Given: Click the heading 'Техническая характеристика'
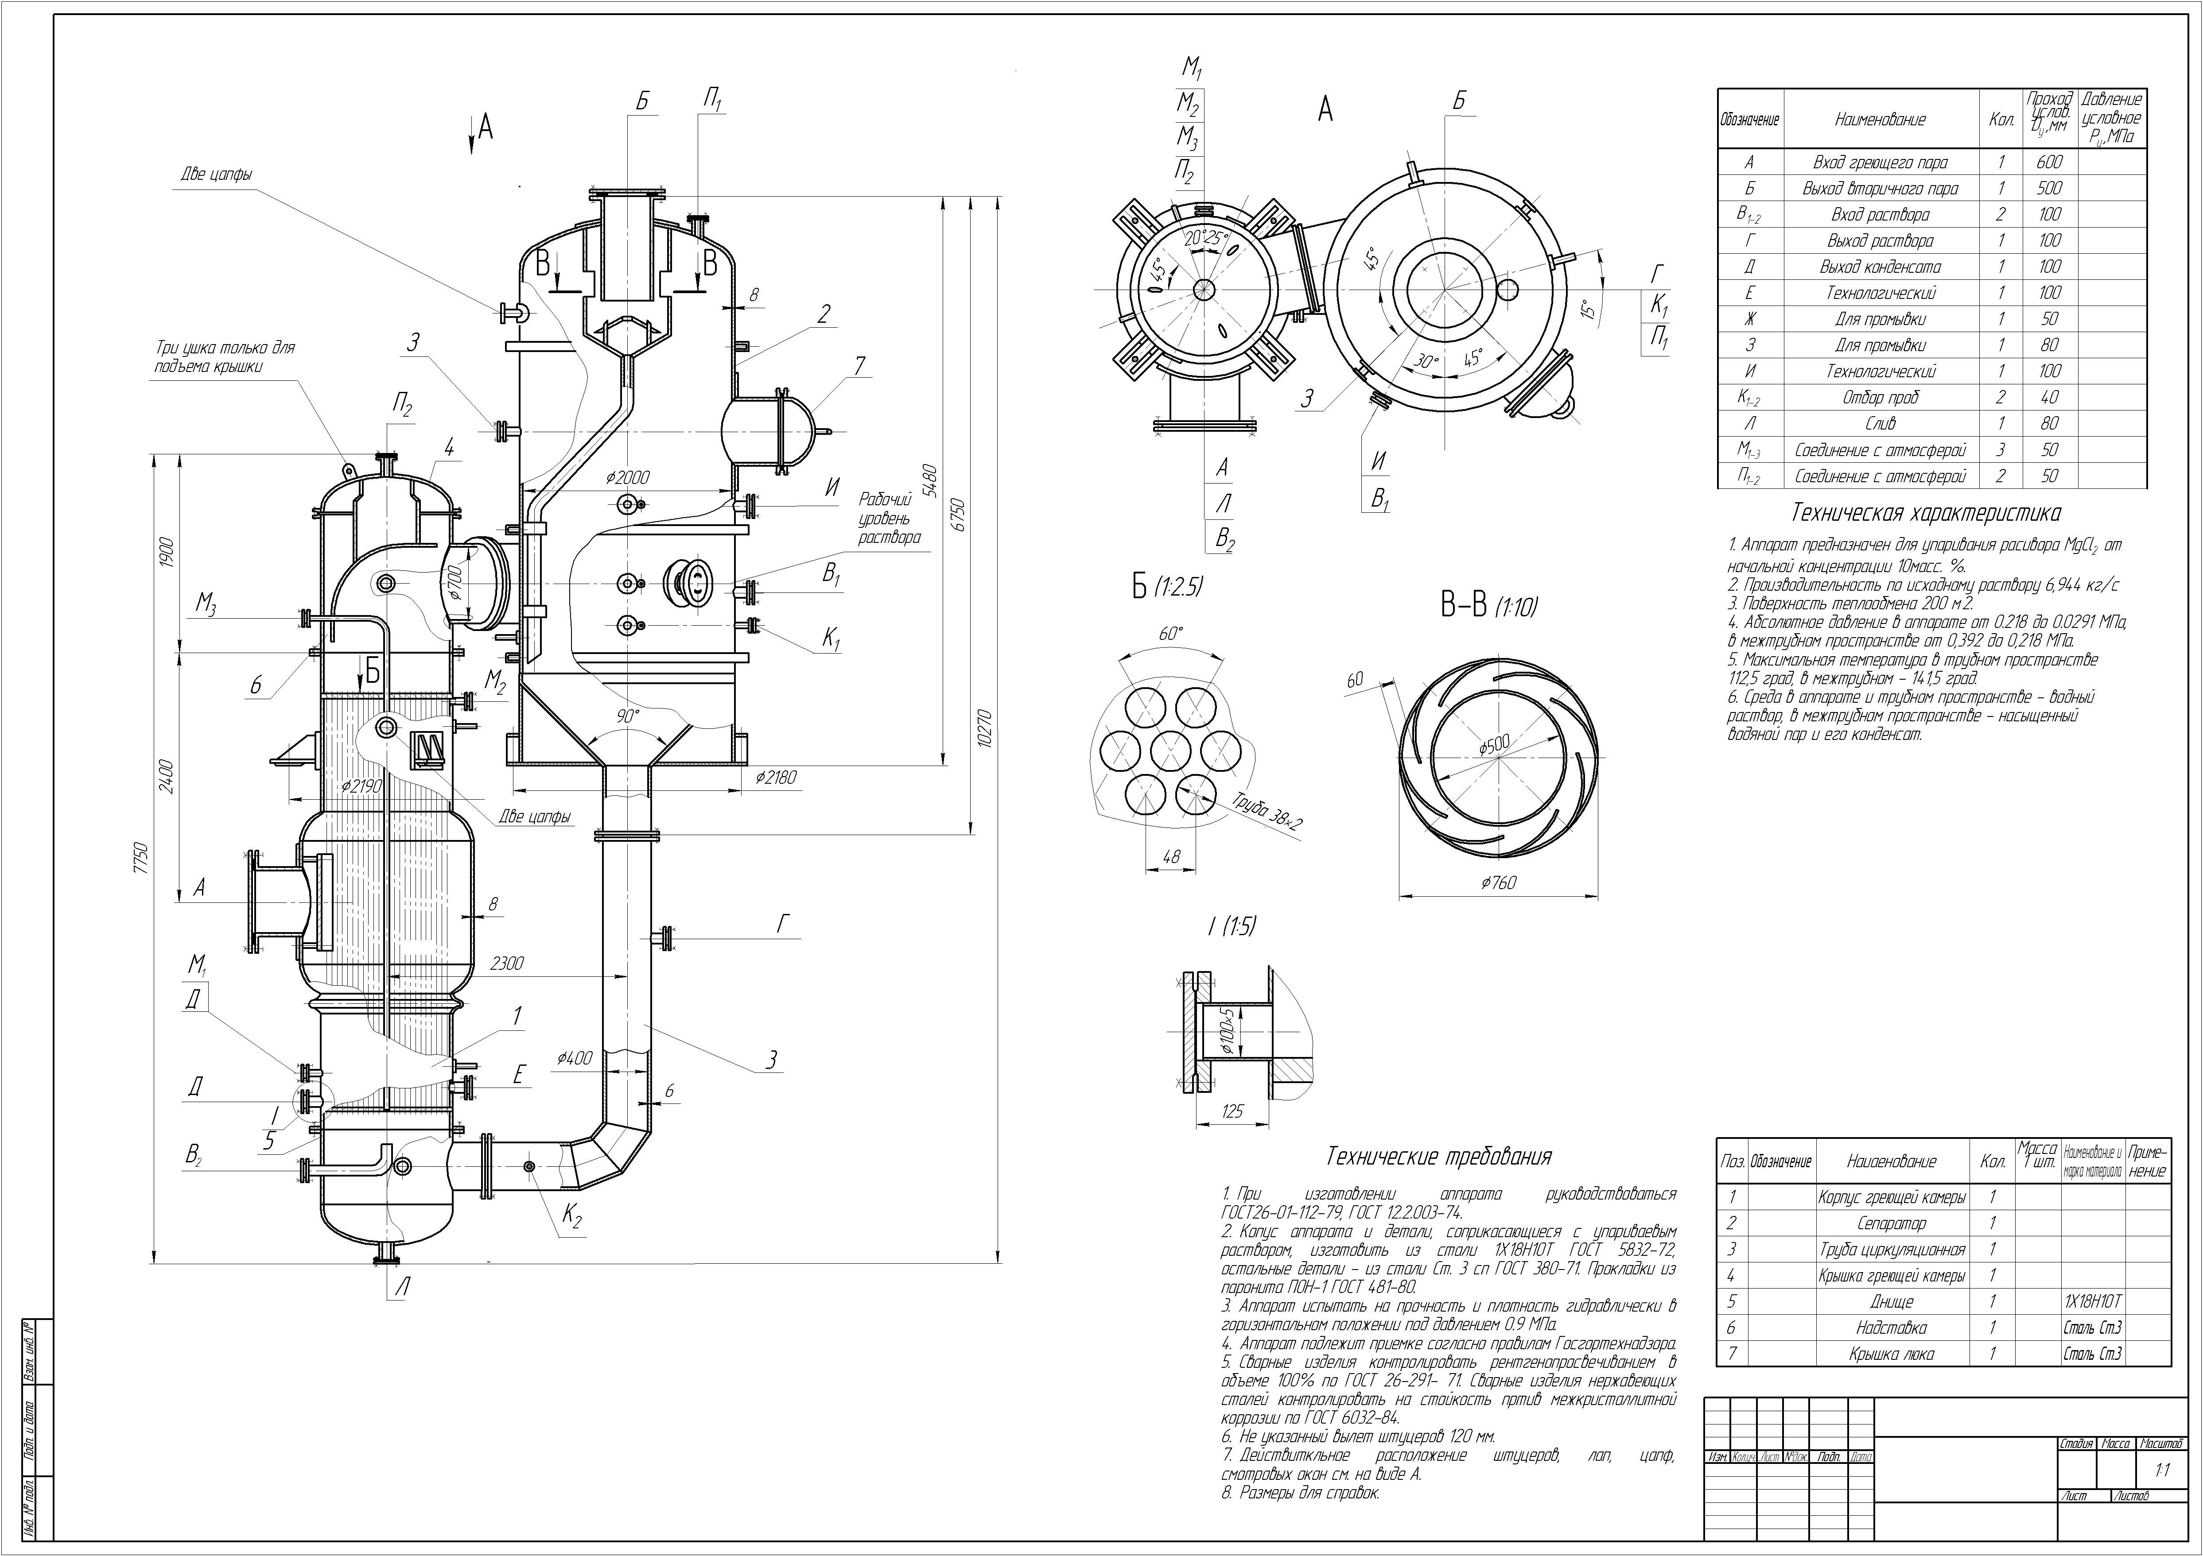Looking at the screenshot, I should click(1926, 513).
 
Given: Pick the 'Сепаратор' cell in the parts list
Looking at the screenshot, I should click(1891, 1223).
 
